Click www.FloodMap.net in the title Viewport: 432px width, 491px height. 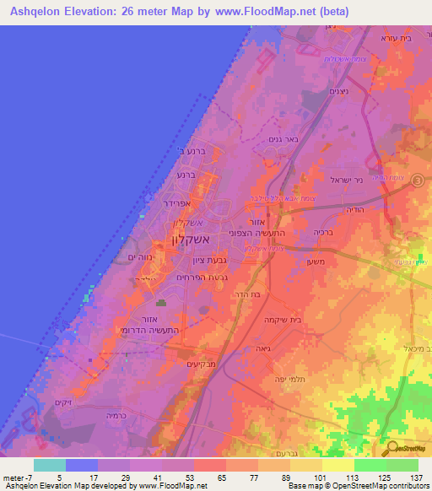[262, 12]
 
